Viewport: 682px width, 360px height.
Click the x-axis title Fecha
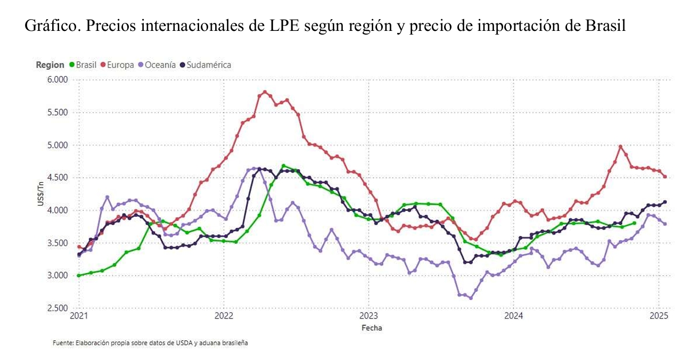[372, 328]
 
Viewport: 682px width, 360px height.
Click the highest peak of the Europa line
[265, 92]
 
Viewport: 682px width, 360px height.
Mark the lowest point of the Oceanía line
[471, 298]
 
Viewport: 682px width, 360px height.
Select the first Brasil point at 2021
[79, 275]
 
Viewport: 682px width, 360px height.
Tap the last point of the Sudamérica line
[665, 202]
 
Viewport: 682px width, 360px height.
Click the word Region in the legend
[50, 65]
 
